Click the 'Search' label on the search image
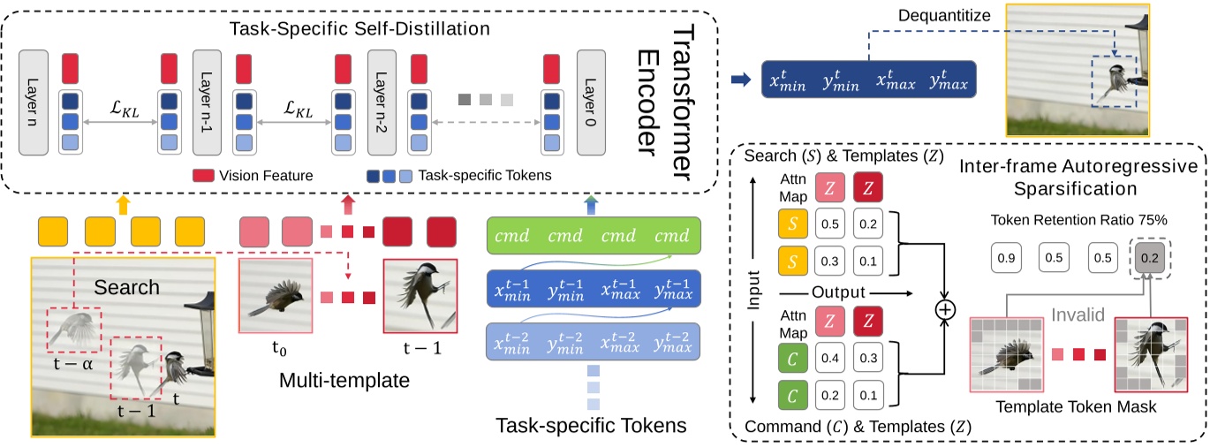click(x=128, y=286)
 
